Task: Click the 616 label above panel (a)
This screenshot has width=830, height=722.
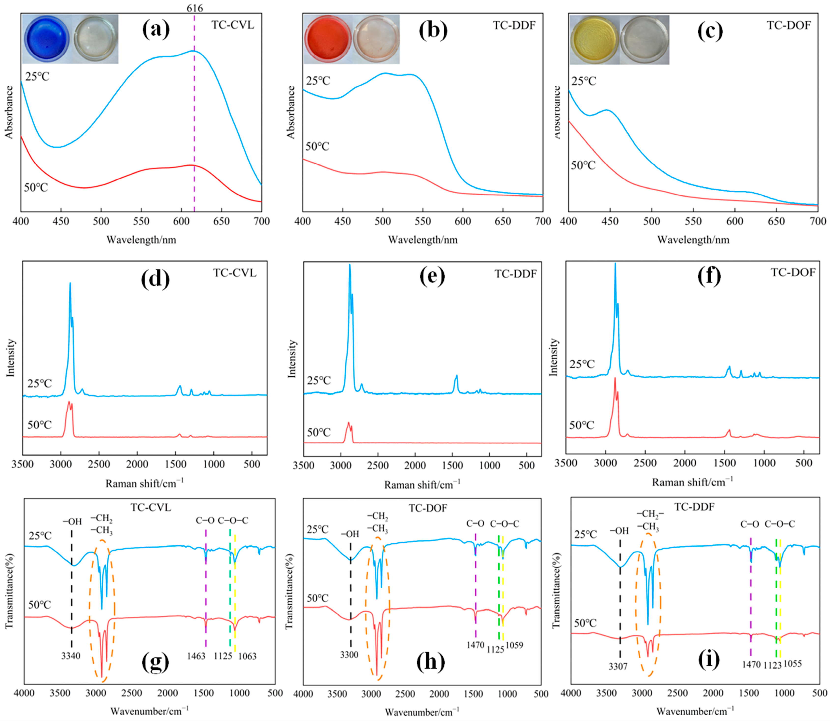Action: click(195, 8)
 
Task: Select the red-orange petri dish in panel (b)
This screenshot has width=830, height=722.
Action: click(328, 39)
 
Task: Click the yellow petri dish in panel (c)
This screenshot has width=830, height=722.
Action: click(595, 40)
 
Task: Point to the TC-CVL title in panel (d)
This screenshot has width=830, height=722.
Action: click(235, 273)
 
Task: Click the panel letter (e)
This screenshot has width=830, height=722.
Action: click(432, 276)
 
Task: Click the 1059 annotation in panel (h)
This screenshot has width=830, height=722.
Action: click(514, 645)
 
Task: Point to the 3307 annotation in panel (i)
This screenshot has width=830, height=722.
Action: click(618, 667)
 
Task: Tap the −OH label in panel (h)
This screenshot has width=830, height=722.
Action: click(350, 534)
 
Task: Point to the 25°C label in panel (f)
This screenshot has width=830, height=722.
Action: click(582, 365)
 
